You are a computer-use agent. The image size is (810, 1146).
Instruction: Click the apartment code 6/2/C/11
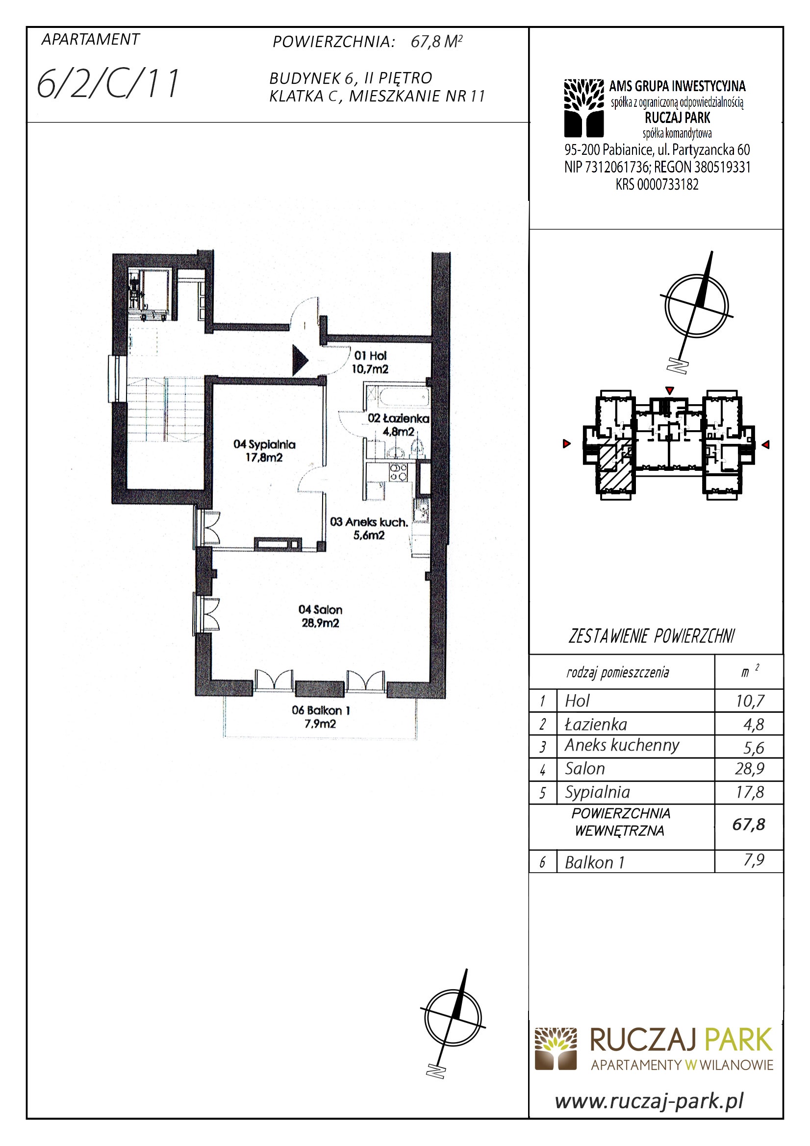click(108, 84)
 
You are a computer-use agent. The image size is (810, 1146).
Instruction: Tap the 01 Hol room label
click(370, 363)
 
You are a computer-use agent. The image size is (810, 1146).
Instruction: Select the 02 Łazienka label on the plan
click(399, 424)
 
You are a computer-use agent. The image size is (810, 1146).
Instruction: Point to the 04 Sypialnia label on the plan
click(264, 450)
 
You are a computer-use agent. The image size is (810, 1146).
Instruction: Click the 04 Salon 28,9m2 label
click(321, 616)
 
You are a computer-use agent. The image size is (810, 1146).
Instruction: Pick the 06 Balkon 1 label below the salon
click(321, 717)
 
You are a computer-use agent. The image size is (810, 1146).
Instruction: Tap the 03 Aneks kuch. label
click(369, 529)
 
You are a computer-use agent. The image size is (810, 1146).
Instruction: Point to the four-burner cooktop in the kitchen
click(398, 472)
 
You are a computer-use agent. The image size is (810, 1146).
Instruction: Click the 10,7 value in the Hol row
click(750, 701)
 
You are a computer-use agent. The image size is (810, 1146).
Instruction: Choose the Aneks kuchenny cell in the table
click(622, 746)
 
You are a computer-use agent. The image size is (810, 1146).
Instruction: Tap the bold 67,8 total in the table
click(749, 824)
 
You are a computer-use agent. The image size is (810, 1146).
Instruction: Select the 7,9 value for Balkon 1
click(754, 860)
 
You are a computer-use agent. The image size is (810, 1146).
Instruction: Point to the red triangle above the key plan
click(670, 390)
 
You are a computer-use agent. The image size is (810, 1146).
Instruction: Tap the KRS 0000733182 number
click(657, 184)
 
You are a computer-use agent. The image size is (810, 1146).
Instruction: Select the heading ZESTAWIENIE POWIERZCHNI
click(652, 636)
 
